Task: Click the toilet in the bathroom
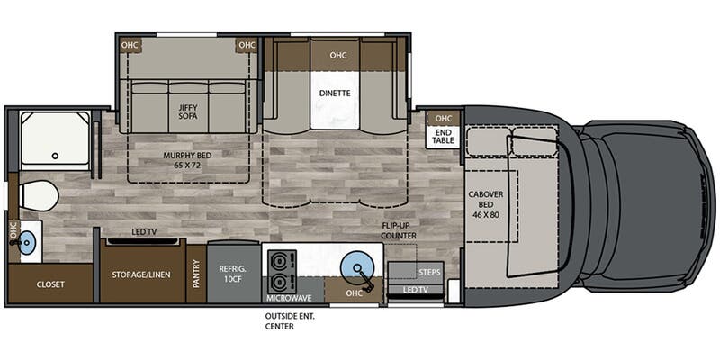(38, 196)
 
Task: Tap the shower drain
(55, 156)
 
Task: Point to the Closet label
(50, 284)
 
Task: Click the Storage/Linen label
(141, 274)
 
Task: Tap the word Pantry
(196, 274)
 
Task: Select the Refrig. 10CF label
(234, 274)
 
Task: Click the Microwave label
(289, 298)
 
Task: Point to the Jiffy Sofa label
(188, 112)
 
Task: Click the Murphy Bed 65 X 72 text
(188, 160)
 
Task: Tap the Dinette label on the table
(335, 93)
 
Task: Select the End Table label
(444, 137)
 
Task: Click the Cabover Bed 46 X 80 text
(486, 204)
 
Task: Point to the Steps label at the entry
(429, 273)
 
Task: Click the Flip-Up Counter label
(399, 230)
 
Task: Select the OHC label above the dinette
(338, 55)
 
